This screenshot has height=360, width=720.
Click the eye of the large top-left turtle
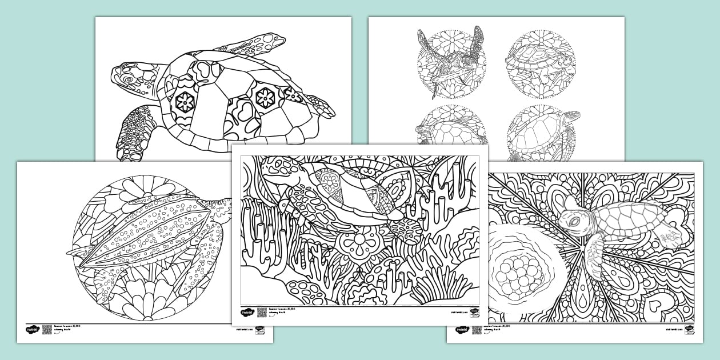[x=129, y=79]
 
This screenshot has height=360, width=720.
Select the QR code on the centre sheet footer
[x=262, y=313]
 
